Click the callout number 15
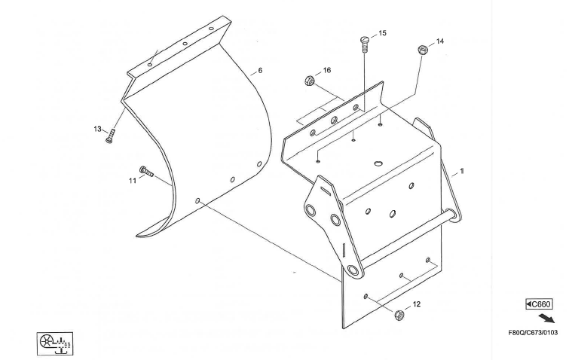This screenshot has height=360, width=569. coord(382,34)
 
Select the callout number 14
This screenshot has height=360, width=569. coord(440,41)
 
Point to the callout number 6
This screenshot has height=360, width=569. coord(260,71)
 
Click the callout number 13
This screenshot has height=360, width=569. coord(97,129)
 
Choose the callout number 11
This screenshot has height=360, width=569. coord(132,181)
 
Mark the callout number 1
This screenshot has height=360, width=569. coord(462,171)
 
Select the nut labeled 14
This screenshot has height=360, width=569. coord(422,50)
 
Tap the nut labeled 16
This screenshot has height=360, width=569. coord(307,79)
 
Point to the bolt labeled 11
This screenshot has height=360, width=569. coord(145,171)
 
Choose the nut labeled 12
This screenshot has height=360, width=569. coord(399,314)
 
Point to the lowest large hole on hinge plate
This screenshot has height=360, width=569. coord(353,271)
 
